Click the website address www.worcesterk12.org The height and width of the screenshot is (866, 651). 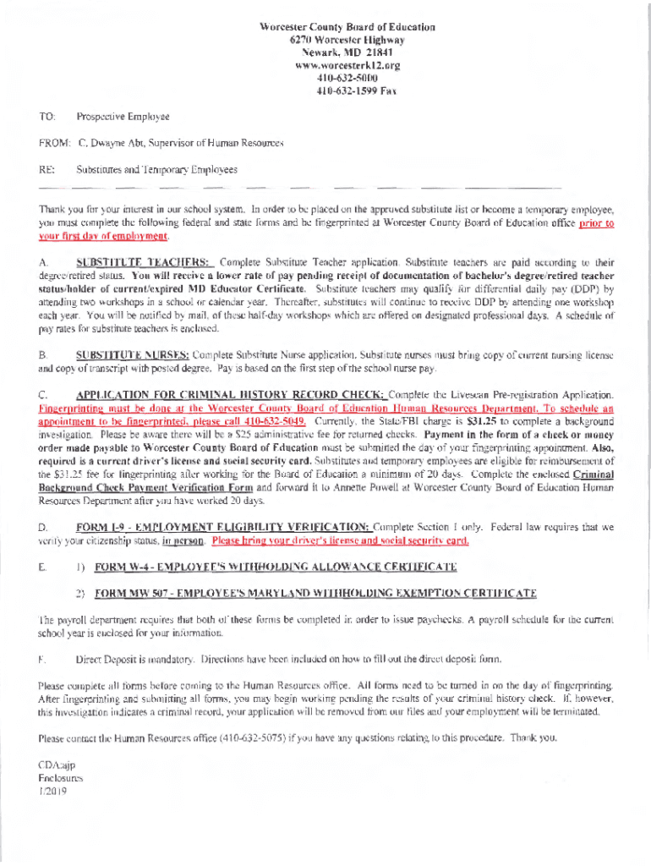(347, 64)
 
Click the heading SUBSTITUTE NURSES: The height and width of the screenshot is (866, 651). (133, 354)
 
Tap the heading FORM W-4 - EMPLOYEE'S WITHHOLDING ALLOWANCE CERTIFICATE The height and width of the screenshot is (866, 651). (276, 566)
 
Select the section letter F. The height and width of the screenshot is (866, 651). (41, 659)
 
